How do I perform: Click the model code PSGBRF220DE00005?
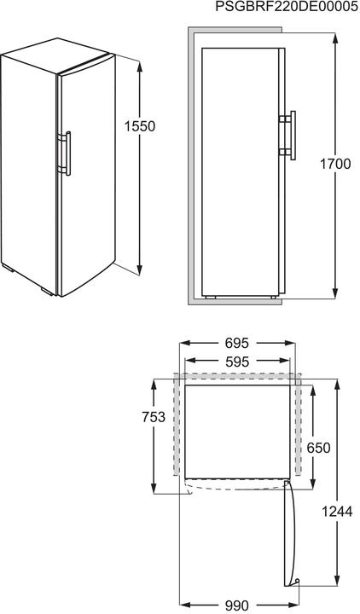click(x=286, y=8)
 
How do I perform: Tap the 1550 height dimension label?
click(x=138, y=126)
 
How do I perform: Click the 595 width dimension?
click(x=237, y=361)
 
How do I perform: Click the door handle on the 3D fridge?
click(x=66, y=153)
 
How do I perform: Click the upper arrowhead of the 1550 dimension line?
click(x=138, y=62)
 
